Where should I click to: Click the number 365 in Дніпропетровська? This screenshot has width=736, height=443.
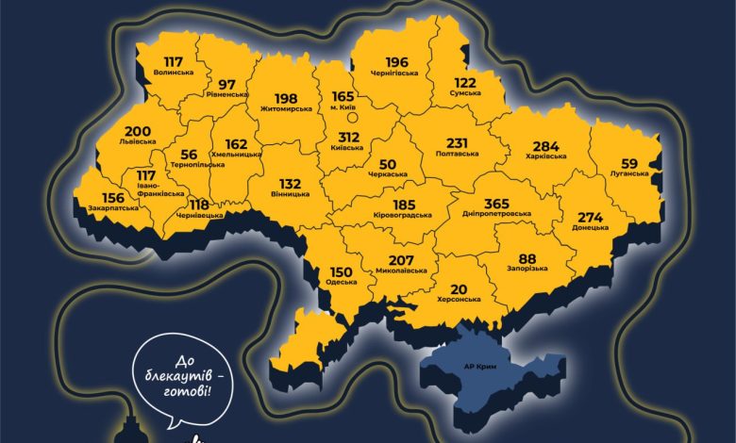click(495, 202)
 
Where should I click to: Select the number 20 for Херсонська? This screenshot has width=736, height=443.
click(459, 288)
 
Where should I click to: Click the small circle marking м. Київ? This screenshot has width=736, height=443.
click(351, 119)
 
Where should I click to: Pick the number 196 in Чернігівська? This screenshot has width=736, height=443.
click(397, 62)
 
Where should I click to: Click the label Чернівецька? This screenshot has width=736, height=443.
click(199, 216)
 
